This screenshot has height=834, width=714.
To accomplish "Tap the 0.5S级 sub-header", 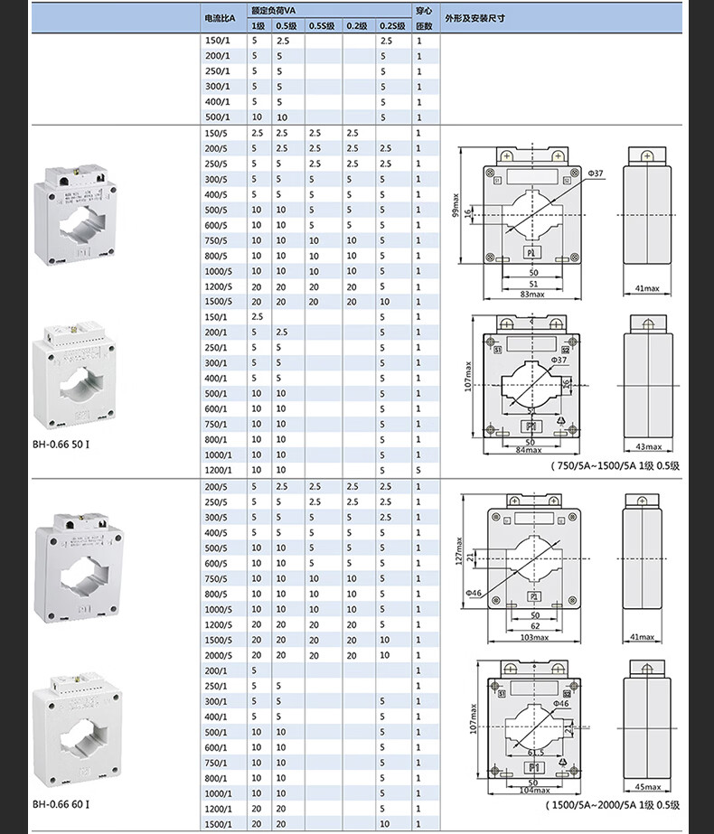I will (321, 26).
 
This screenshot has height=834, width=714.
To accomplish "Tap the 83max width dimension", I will (533, 294).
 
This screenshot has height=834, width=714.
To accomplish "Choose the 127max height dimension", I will (459, 552).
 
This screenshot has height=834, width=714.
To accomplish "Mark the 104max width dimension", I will (533, 790).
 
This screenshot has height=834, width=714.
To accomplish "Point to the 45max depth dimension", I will (647, 785).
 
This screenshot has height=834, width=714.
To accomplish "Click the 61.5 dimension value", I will (535, 751).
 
